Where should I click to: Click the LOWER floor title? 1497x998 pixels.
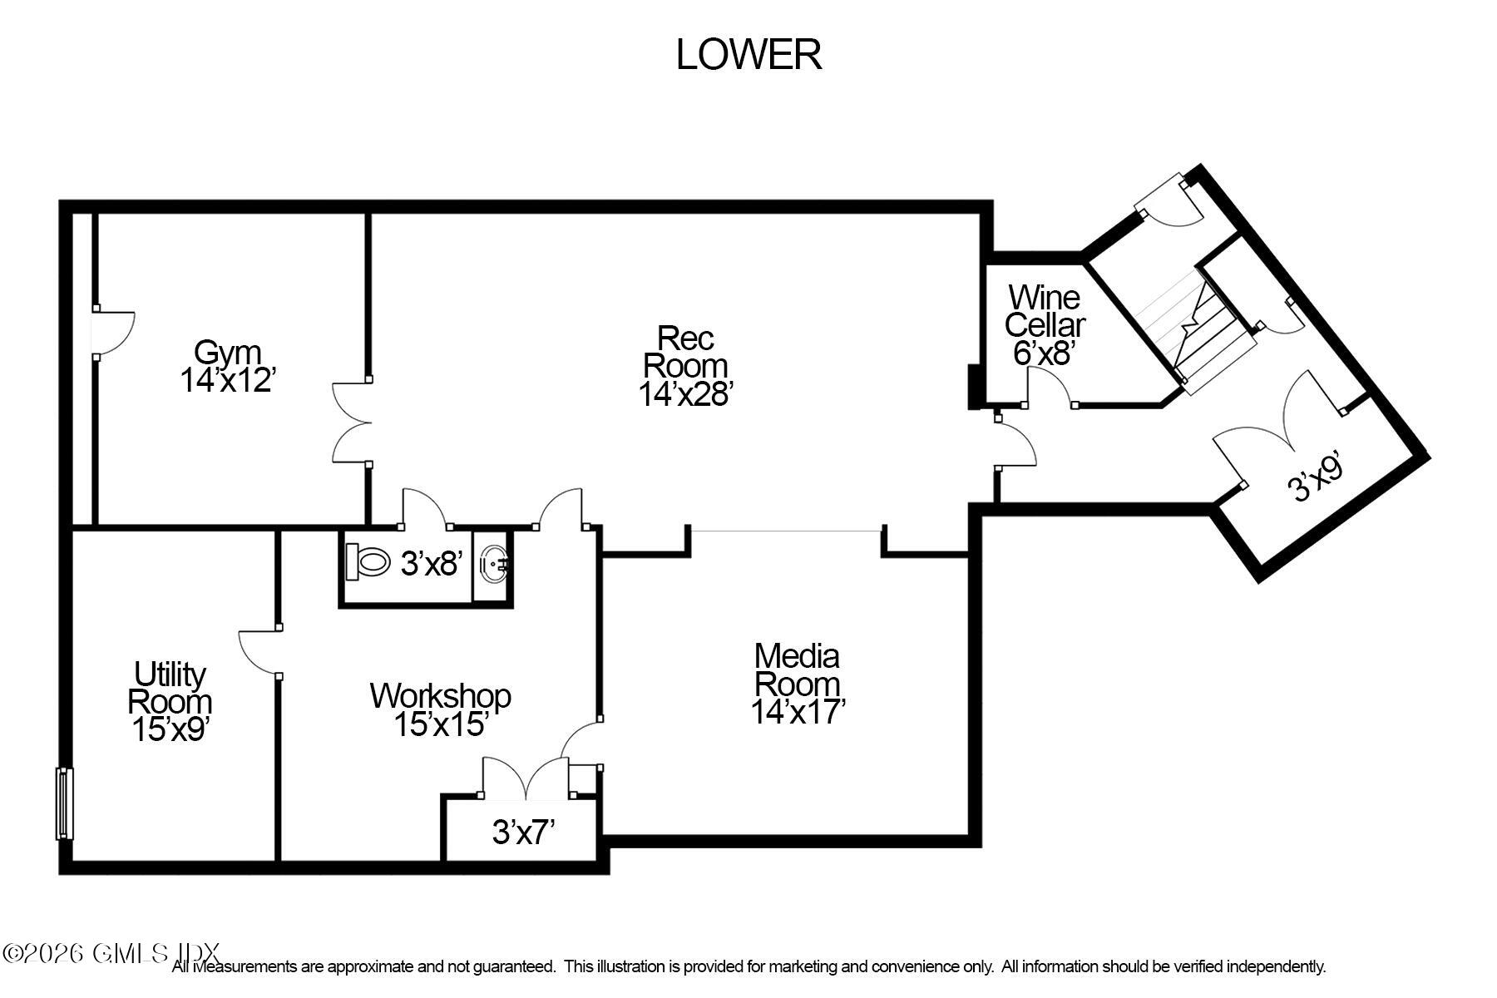click(748, 55)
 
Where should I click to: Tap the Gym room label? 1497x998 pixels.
click(227, 353)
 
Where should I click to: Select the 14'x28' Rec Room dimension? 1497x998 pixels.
click(684, 393)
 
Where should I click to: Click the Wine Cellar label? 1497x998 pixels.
click(1045, 310)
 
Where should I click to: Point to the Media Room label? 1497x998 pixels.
click(797, 670)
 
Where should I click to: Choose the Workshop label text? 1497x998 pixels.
click(440, 696)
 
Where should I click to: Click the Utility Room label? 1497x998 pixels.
click(170, 688)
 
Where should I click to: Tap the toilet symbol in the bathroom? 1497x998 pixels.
click(368, 562)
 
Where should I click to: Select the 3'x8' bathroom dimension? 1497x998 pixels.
click(431, 565)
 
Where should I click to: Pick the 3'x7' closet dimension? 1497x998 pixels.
click(523, 832)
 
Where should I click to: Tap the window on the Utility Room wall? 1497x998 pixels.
click(64, 803)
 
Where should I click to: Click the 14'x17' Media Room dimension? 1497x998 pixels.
click(798, 712)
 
